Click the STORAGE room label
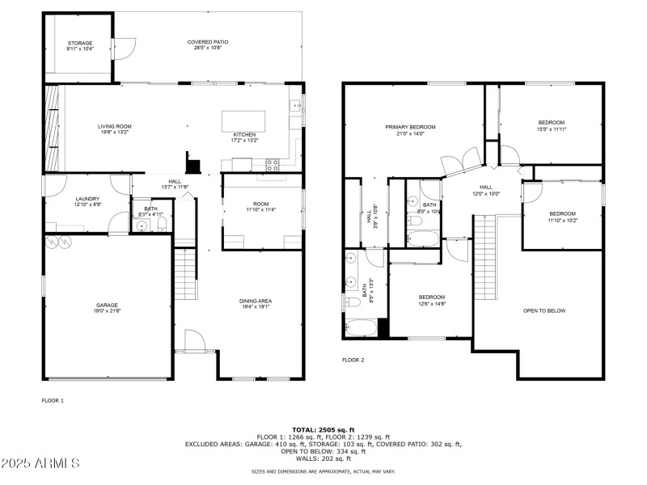[x=79, y=43]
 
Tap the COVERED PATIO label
[x=208, y=42]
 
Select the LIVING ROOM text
[x=115, y=126]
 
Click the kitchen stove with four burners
[x=273, y=164]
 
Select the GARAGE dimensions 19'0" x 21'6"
[x=108, y=312]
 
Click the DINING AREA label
[x=255, y=302]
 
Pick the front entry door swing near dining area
[x=194, y=341]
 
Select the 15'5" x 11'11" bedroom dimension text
[x=552, y=129]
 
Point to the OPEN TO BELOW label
[x=544, y=310]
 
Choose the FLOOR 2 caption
[x=353, y=360]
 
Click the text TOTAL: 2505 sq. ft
[x=323, y=429]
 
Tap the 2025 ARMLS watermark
[x=40, y=464]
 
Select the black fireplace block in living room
[x=193, y=165]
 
